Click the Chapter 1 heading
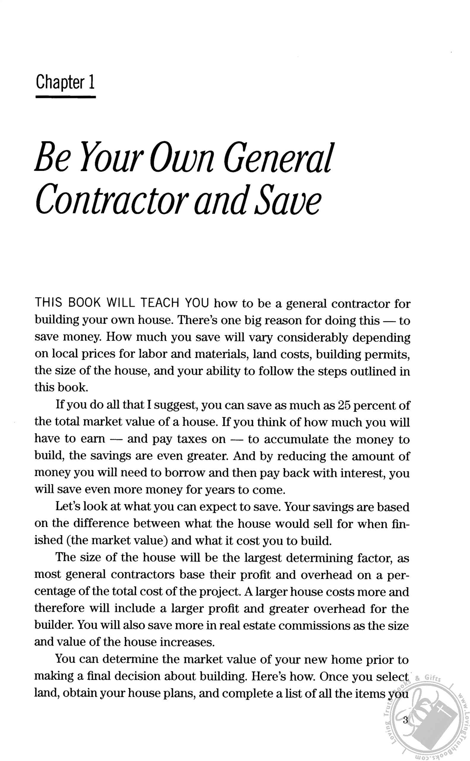(65, 82)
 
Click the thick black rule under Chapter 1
(65, 97)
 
